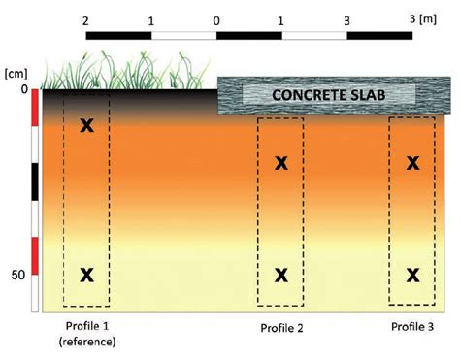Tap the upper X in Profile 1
pos(86,125)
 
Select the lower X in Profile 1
pos(86,275)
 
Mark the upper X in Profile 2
pos(281,162)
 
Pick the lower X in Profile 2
pos(281,275)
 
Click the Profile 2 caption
pos(281,328)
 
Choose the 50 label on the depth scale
pos(16,275)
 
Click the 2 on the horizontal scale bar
pos(87,19)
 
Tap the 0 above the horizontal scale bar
pos(215,19)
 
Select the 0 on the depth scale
pos(23,89)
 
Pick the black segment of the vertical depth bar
pos(36,181)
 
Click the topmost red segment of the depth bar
pos(36,108)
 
